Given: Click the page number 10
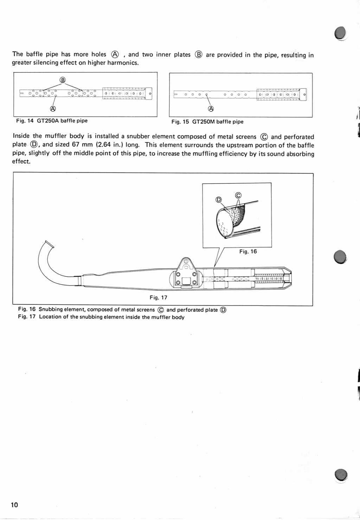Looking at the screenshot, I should pyautogui.click(x=14, y=505).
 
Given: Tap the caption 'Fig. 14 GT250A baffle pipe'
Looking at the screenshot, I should pyautogui.click(x=52, y=121).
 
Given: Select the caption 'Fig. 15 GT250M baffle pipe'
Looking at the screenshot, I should pyautogui.click(x=207, y=122).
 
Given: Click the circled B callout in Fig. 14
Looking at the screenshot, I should pyautogui.click(x=63, y=80).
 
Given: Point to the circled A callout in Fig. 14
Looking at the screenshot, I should pyautogui.click(x=53, y=109).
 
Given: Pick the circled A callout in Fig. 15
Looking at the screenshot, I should pyautogui.click(x=211, y=109).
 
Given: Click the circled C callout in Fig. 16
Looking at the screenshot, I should pyautogui.click(x=238, y=195).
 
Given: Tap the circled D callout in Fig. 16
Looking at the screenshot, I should pyautogui.click(x=219, y=200).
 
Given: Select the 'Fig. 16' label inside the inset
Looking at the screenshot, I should pyautogui.click(x=248, y=251).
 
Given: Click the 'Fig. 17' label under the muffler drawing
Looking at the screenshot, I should pyautogui.click(x=159, y=297).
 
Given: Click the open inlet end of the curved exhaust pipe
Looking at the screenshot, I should pyautogui.click(x=49, y=244).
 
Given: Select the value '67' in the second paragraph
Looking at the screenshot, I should pyautogui.click(x=76, y=145).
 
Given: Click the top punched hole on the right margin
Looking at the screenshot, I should pyautogui.click(x=340, y=33).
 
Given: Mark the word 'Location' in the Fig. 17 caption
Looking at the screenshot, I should pyautogui.click(x=51, y=317).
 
